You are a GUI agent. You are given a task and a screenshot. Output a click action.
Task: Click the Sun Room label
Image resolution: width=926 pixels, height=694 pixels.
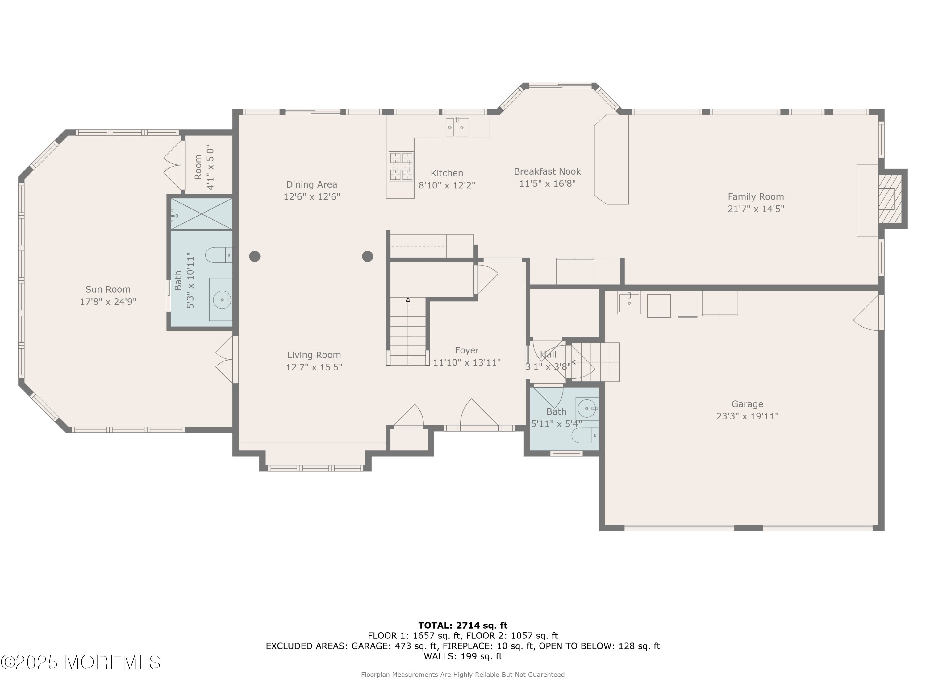coord(108,290)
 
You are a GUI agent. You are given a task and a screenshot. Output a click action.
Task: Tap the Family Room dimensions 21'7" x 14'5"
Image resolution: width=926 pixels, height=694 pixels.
coord(756,209)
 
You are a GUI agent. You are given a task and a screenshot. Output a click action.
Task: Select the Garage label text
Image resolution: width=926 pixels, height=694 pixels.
coord(747,404)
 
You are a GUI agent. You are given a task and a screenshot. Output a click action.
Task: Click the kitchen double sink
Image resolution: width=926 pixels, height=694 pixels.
coord(457,127)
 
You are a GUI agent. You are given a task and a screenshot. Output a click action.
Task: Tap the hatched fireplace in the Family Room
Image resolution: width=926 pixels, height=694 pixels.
coord(890,199)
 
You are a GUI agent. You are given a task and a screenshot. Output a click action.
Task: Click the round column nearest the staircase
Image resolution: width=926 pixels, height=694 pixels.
coord(368,256)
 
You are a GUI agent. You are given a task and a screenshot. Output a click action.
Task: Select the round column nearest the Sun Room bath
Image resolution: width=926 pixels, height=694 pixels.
coord(255,256)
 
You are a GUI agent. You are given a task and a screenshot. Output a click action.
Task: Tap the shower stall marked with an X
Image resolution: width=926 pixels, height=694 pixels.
coord(201,214)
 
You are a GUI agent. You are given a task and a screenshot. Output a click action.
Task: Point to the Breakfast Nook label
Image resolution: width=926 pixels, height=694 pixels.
coord(547,171)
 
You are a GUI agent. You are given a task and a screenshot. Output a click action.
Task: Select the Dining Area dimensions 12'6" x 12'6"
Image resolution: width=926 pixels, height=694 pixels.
coord(311,196)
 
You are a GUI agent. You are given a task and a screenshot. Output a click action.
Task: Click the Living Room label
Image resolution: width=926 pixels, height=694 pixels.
coord(314,355)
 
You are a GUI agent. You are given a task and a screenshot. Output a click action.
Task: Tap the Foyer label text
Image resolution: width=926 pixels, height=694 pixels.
coord(467,351)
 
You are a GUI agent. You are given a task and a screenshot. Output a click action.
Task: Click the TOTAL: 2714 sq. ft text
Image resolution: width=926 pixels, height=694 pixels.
coord(463,626)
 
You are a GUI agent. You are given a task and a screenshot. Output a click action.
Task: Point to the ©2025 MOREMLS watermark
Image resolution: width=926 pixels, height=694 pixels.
coord(80,662)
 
